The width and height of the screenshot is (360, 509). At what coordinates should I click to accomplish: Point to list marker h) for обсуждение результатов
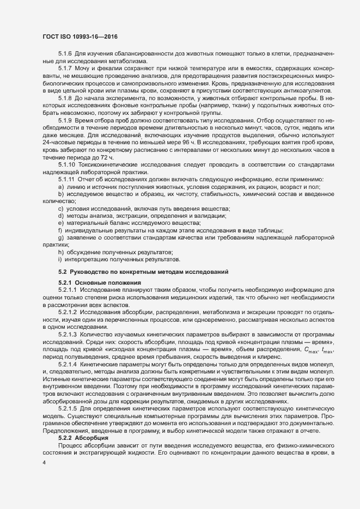[60, 253]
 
